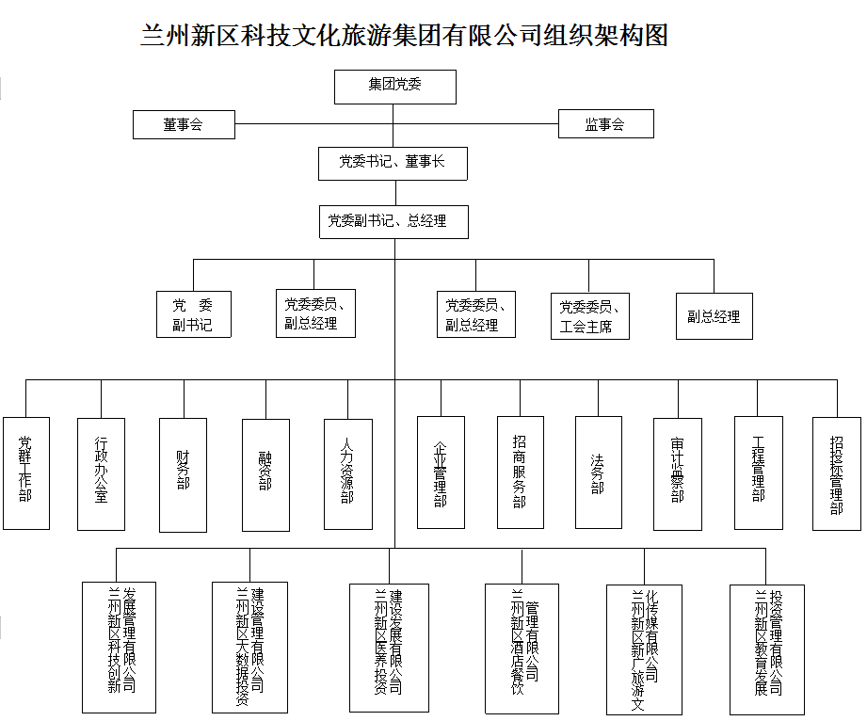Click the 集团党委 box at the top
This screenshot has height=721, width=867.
[395, 86]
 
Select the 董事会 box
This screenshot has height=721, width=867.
[184, 124]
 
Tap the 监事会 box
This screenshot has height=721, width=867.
[605, 124]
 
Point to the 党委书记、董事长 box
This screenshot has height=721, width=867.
[393, 163]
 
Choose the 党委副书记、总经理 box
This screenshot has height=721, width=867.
[393, 222]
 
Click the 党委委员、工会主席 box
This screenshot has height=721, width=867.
[589, 316]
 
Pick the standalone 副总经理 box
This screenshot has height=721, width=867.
[714, 316]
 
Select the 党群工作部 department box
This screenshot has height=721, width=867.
[26, 473]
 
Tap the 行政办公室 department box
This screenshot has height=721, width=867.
[101, 473]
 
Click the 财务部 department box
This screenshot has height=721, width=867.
[183, 473]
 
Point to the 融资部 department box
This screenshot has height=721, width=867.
[265, 473]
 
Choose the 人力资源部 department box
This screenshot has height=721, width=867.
[347, 473]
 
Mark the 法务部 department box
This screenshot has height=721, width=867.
[598, 473]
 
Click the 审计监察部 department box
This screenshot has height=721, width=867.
[678, 473]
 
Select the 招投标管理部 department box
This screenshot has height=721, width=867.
[836, 473]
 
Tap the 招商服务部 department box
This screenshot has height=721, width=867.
[521, 473]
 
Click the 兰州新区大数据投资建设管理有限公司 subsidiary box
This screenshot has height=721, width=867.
[249, 648]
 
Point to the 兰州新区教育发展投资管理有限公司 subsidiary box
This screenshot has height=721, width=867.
[768, 648]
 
